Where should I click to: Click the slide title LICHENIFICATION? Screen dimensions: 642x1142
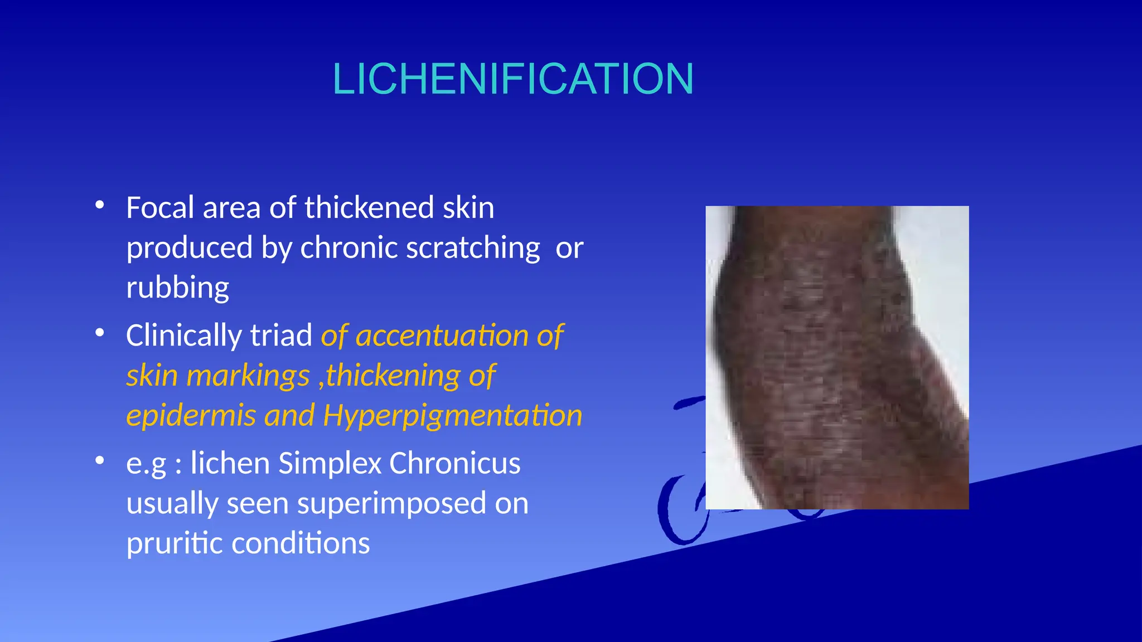(x=513, y=79)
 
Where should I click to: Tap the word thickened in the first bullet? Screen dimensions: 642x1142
(x=369, y=208)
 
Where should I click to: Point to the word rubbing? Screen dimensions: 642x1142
(x=177, y=288)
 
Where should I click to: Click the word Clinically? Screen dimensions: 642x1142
(x=183, y=336)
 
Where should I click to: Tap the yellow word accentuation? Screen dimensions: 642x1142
(x=442, y=336)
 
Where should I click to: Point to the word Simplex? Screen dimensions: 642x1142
(x=329, y=464)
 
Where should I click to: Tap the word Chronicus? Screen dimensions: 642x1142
(x=454, y=464)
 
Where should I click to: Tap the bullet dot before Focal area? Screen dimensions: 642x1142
(x=100, y=205)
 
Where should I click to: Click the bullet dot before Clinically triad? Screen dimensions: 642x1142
(x=100, y=333)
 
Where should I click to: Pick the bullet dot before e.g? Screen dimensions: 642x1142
(x=100, y=461)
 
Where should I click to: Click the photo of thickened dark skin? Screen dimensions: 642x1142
(x=836, y=357)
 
